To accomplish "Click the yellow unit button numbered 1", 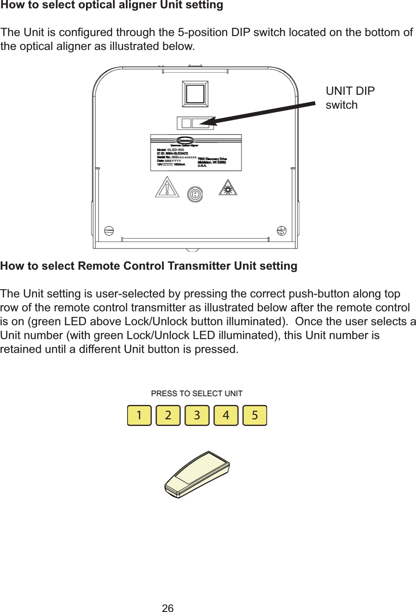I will point(139,415).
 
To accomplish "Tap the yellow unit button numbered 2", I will point(168,415).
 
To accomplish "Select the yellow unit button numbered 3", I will point(197,415).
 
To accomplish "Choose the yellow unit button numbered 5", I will point(255,415).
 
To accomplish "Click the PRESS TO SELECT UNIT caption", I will point(197,394).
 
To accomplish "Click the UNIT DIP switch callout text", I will point(350,98).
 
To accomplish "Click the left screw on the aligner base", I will point(109,230).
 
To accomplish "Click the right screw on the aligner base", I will point(281,230).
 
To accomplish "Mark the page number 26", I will point(168,608).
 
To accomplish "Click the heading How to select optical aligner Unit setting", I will point(112,6).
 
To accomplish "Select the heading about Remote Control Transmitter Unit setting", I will point(149,266).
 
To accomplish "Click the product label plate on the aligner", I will point(196,153).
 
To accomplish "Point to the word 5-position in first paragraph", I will point(203,33).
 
